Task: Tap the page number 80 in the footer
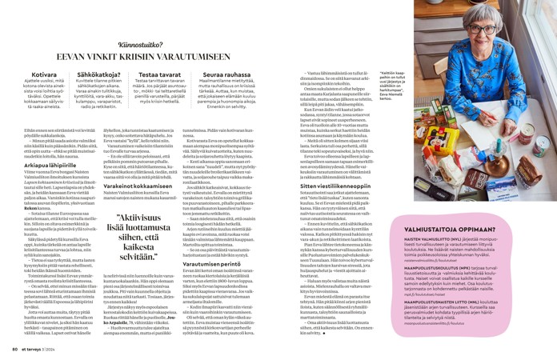(x=14, y=349)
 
